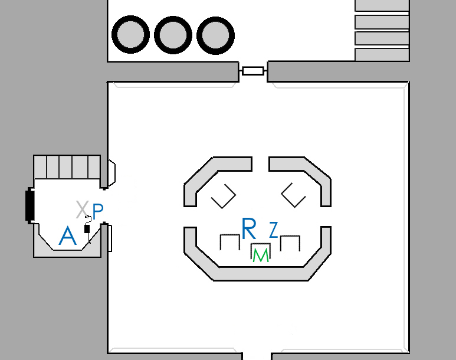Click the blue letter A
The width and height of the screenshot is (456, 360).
pos(68,237)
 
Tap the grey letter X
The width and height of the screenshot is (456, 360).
pos(82,208)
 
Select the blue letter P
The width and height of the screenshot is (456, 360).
pos(98,210)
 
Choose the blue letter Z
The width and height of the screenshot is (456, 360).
pos(273,230)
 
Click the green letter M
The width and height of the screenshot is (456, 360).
pos(260,255)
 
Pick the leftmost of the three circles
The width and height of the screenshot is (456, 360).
pos(130,35)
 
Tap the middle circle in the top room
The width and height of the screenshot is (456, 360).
pos(172,35)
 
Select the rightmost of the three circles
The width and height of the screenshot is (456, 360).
pos(215,35)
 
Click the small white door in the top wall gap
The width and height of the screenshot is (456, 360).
pos(253,71)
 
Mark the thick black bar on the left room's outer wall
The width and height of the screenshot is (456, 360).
pos(29,204)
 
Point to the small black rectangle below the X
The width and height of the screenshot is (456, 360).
pos(87,228)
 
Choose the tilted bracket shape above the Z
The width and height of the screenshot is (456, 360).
pos(293,195)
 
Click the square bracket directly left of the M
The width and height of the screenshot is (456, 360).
pos(229,242)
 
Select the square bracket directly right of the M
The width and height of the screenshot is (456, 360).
pos(290,242)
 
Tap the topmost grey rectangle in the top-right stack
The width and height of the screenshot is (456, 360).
pos(382,5)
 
